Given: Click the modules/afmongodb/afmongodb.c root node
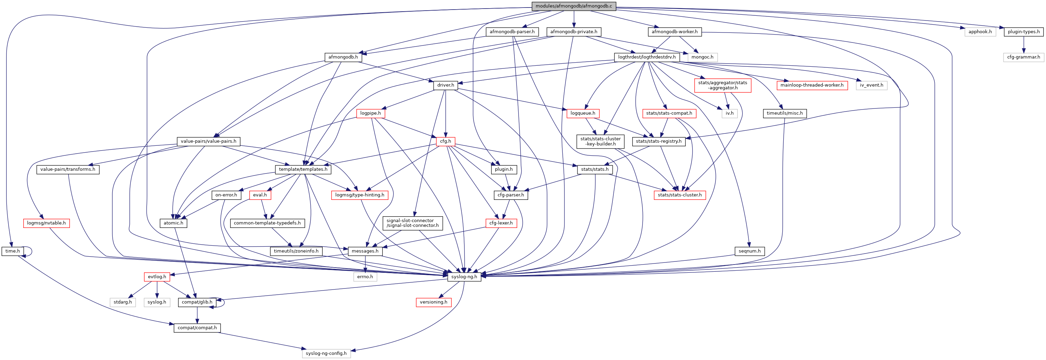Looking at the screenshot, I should pos(573,6).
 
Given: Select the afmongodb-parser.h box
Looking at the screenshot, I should pos(512,32).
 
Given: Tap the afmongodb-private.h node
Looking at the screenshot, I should pos(573,32).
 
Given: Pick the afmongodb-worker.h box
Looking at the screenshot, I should pos(674,32).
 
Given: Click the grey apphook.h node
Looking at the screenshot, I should pos(980,32).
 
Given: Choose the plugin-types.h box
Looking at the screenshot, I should pos(1023,32).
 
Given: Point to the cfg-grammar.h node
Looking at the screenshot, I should pos(1023,57).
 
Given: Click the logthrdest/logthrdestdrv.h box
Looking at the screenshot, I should pos(646,57).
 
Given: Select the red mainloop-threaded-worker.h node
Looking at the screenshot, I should pos(812,85).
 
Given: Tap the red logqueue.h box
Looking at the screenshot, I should pos(583,113).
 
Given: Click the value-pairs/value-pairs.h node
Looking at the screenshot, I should pos(208,141).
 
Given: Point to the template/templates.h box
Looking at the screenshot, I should pos(303,169).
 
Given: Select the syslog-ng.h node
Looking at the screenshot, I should pos(464,277).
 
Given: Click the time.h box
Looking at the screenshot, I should pos(13,251).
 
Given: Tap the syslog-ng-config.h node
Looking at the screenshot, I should pos(326,353).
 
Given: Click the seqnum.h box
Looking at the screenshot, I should pos(749,251).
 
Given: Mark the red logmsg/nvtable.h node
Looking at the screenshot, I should pos(46,223).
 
